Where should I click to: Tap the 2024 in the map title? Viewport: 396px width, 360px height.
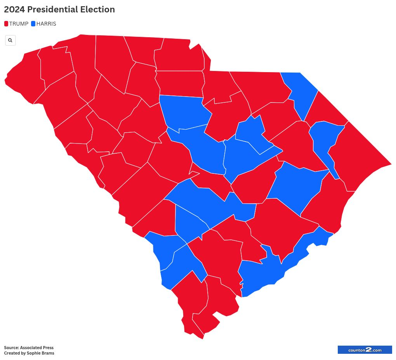pyautogui.click(x=13, y=10)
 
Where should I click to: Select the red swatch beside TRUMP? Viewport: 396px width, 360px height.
pyautogui.click(x=6, y=24)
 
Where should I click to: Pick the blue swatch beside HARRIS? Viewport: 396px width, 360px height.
pyautogui.click(x=33, y=24)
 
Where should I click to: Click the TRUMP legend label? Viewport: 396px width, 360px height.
pyautogui.click(x=19, y=24)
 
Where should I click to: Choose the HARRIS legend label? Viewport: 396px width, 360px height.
pyautogui.click(x=46, y=24)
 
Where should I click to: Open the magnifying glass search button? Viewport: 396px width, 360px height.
pyautogui.click(x=10, y=40)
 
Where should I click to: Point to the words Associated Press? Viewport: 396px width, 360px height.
pyautogui.click(x=37, y=348)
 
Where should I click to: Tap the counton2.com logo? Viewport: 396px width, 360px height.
pyautogui.click(x=365, y=350)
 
